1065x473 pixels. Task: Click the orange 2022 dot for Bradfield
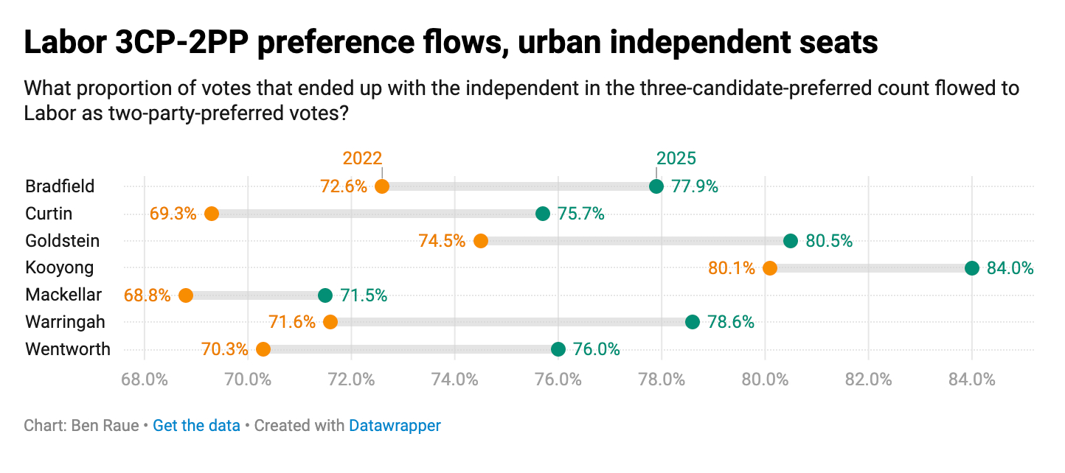coord(382,186)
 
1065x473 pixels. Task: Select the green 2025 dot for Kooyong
coord(971,268)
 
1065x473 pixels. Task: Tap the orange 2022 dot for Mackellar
coord(186,295)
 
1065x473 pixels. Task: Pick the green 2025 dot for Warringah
coord(692,322)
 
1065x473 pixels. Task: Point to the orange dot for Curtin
coord(212,214)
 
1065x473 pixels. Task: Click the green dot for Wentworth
coord(558,349)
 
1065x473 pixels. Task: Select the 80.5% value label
coord(829,241)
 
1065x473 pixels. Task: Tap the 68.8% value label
coord(147,295)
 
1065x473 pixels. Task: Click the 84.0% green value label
coord(1010,268)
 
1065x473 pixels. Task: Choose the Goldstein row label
coord(62,241)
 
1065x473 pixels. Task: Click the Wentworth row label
coord(67,349)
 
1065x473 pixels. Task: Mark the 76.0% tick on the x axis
coord(558,380)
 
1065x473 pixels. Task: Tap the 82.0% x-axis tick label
coord(868,380)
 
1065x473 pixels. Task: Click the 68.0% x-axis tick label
coord(145,380)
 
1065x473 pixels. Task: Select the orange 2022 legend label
coord(362,158)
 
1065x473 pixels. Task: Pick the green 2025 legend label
coord(676,158)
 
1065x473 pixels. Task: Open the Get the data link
coord(196,426)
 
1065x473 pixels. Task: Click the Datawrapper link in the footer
coord(395,426)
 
